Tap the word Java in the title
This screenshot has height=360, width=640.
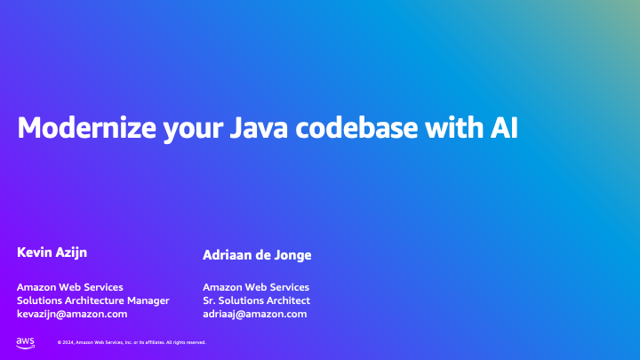(x=260, y=128)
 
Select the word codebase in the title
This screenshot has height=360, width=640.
(x=357, y=128)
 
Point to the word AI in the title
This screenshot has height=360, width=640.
(x=501, y=128)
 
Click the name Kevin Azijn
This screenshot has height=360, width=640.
(x=52, y=253)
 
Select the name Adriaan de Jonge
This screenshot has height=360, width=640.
(x=257, y=255)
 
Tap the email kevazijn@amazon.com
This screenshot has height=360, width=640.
(x=72, y=314)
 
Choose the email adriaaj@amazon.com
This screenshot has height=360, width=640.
(x=254, y=314)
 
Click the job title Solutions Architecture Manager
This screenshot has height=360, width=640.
(x=93, y=300)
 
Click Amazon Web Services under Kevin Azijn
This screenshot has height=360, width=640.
(x=70, y=287)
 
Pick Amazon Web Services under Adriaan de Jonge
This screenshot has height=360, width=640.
(x=256, y=287)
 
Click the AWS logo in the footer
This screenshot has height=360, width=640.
(x=25, y=342)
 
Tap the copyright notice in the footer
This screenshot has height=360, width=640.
(x=132, y=342)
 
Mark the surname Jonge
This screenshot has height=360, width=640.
(x=293, y=255)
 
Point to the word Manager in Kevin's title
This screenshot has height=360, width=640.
(x=147, y=300)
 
